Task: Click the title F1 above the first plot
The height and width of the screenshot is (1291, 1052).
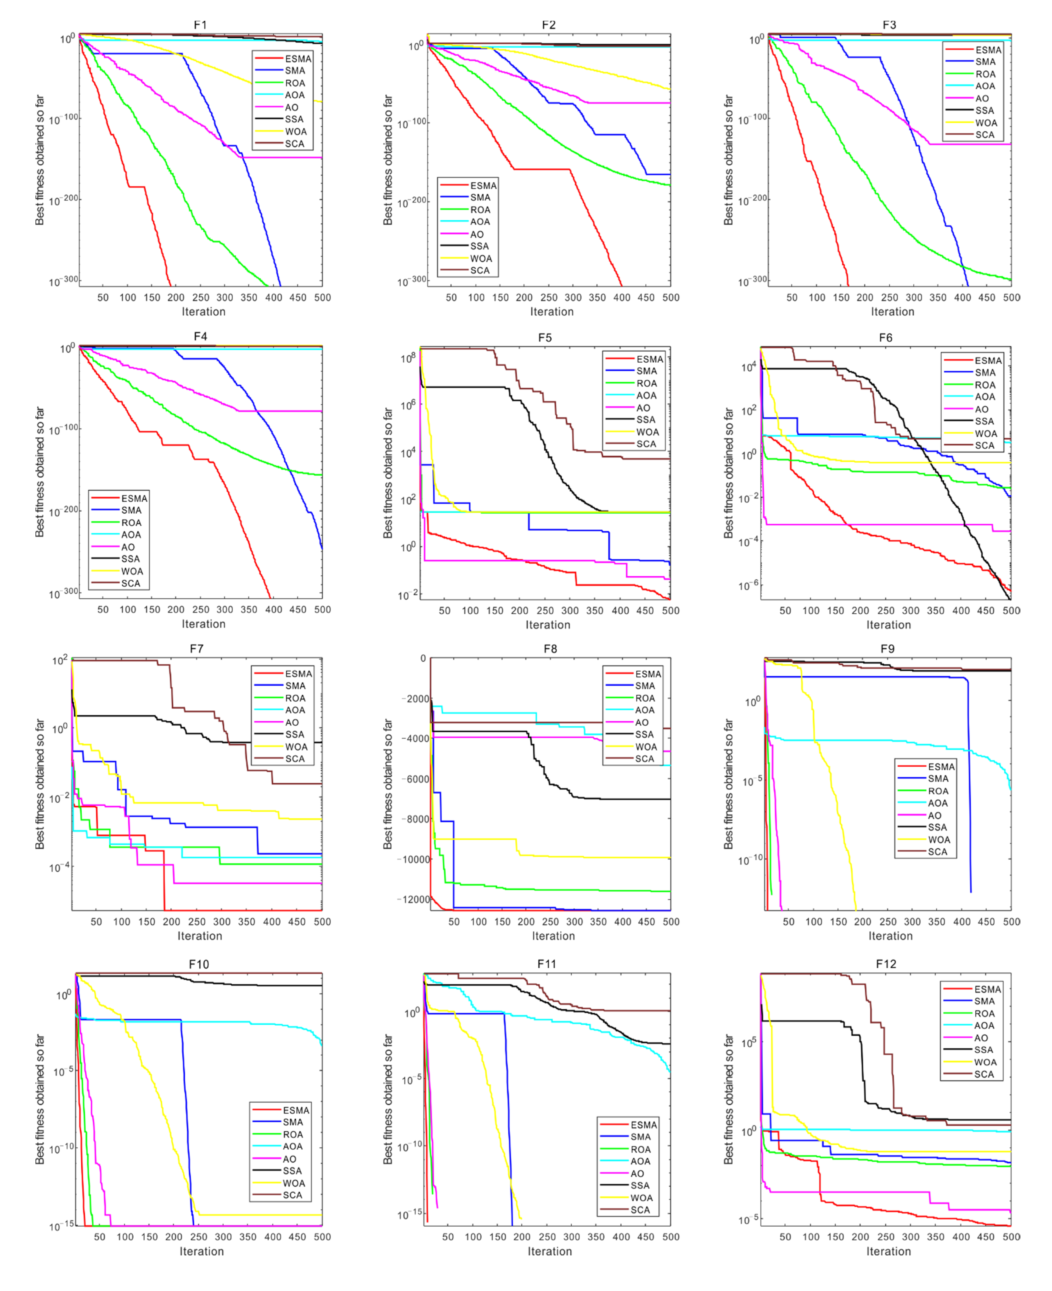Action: (200, 25)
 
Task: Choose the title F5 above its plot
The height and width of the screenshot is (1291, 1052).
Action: (545, 337)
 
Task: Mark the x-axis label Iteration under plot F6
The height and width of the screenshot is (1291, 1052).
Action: (888, 625)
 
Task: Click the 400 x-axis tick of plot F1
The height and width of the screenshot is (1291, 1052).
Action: (273, 297)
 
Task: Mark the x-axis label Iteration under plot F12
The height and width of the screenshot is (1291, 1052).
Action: (888, 1252)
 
